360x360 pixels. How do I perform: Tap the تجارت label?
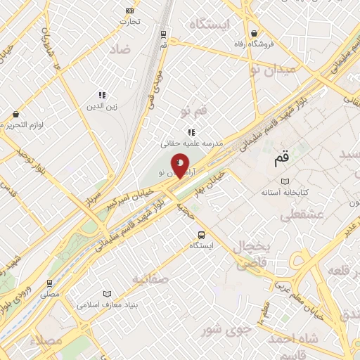130,21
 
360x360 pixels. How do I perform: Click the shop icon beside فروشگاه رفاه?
254,33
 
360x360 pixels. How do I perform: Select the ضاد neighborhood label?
120,49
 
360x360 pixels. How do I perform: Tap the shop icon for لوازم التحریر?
15,113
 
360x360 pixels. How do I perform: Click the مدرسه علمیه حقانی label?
192,143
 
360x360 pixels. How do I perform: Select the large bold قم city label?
281,160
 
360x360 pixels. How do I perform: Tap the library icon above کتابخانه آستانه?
284,181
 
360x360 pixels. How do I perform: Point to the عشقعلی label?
301,216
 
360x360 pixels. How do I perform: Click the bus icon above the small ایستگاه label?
202,235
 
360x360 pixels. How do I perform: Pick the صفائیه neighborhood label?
150,278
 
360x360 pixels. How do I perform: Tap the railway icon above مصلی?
49,283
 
